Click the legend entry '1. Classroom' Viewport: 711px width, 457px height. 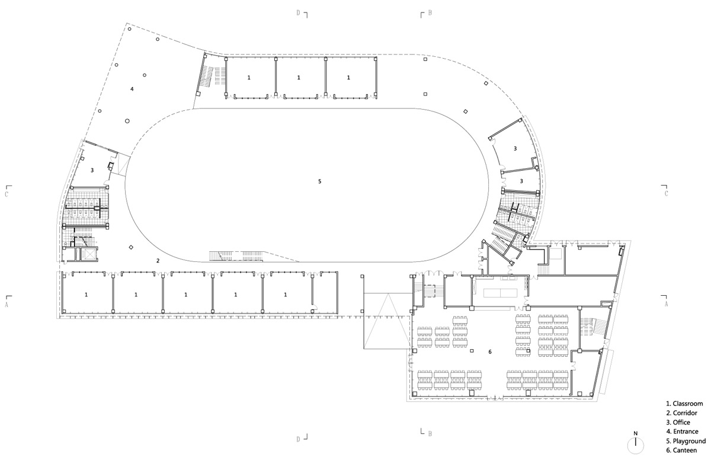point(684,404)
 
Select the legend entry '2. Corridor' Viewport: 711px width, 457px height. point(681,413)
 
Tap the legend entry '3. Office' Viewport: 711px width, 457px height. point(678,422)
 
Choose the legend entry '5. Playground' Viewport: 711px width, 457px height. point(686,441)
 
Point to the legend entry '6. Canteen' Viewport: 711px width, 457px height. point(681,450)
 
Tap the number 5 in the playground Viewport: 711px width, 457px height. point(319,181)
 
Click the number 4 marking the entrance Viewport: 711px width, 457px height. point(132,89)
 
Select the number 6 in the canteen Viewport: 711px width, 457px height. point(490,352)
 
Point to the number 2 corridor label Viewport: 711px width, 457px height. point(158,261)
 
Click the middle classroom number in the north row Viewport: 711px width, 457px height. point(299,78)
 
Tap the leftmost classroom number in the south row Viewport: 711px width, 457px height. point(87,295)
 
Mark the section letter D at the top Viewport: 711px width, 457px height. point(299,12)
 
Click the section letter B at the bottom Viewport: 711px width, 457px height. point(430,433)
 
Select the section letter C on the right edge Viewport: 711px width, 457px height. point(666,194)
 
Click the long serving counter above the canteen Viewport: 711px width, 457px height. point(501,293)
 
